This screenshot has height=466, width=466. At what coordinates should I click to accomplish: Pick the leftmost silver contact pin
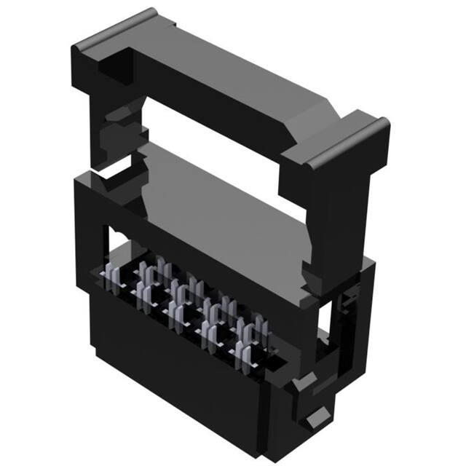coord(112,280)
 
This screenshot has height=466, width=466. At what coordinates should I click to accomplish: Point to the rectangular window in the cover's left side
coord(108,240)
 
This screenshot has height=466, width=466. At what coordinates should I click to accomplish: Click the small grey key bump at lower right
coord(315,420)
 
